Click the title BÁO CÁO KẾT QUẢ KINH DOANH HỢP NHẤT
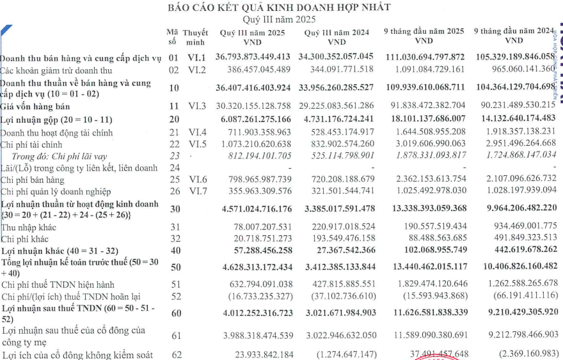click(278, 8)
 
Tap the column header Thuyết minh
click(195, 36)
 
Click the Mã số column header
click(172, 36)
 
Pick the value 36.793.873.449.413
click(253, 57)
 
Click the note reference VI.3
click(196, 105)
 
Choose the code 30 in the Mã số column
click(175, 209)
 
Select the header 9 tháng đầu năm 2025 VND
click(424, 36)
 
